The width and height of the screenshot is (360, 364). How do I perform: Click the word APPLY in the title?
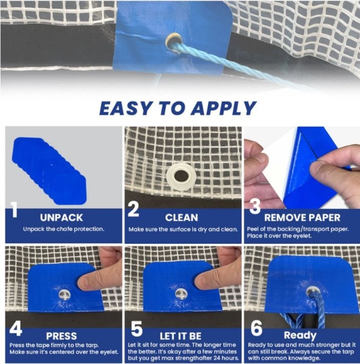coord(224,109)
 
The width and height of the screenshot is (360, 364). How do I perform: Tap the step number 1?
coord(14,210)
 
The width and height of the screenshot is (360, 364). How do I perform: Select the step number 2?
coord(133,209)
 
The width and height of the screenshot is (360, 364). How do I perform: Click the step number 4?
coord(16,328)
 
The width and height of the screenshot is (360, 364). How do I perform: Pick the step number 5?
coord(136,328)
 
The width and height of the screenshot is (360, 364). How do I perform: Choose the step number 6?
coord(256,328)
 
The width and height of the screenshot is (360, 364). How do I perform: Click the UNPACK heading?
coord(61,218)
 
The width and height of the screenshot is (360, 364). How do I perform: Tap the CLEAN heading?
coord(182,218)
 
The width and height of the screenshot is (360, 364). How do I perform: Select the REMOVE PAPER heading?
coord(302,218)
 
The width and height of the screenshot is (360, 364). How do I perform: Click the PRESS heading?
coord(61,336)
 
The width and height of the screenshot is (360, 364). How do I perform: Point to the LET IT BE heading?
coord(181,336)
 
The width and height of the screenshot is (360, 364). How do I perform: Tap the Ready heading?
coord(300,335)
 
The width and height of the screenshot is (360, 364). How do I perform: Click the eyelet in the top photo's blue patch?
coord(173,41)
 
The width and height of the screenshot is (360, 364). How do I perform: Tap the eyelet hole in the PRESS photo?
coord(65,295)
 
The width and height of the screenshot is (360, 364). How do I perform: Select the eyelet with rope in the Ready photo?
coord(313,292)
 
